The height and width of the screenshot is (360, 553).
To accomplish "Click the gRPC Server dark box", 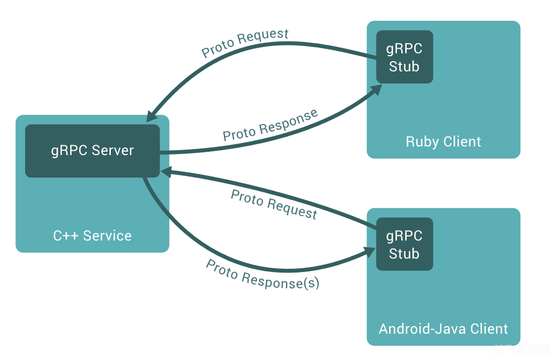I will (92, 151).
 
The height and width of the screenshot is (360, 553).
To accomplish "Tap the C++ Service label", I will (92, 236).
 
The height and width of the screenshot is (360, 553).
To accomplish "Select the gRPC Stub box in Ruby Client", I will (405, 57).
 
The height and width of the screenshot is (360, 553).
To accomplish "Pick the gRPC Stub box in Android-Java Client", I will (405, 244).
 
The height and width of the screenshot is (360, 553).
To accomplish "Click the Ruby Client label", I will (443, 142).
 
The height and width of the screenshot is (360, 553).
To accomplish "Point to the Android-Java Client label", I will (443, 329).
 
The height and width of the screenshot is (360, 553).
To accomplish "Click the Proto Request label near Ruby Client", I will (245, 43).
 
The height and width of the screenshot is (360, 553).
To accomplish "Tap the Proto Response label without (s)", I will (270, 125).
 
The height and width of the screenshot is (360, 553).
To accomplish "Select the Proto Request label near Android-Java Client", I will (273, 204).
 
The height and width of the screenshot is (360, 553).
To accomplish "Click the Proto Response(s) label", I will (263, 274).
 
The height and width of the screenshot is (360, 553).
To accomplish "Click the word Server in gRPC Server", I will (112, 151).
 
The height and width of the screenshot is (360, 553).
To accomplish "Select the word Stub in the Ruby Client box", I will (405, 67).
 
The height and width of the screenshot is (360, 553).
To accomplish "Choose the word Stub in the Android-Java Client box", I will (405, 254).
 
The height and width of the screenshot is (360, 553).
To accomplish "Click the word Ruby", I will (421, 142).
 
